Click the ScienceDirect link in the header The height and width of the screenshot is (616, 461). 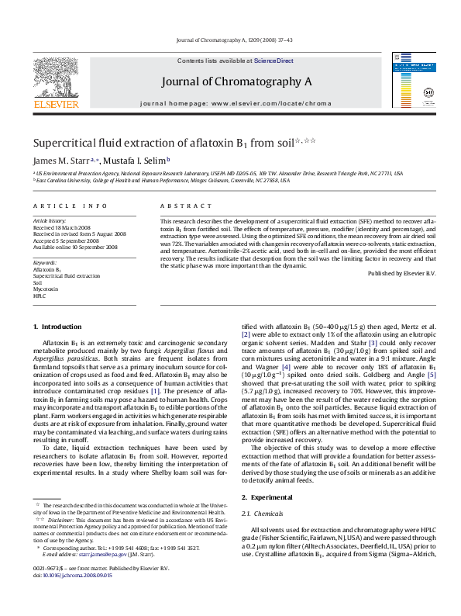point(274,61)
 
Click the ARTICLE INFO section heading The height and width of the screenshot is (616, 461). point(70,206)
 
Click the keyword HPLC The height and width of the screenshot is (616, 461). point(40,296)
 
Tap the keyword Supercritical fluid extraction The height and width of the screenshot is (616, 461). point(67,275)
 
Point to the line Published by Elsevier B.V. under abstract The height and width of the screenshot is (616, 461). point(401,274)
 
